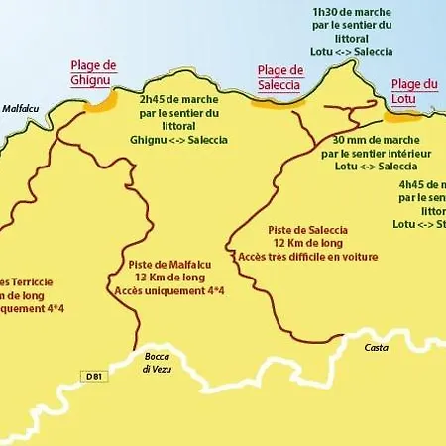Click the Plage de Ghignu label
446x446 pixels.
(94, 72)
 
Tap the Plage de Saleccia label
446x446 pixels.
(279, 76)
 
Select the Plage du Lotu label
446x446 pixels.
(414, 91)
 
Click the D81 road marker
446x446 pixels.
(91, 377)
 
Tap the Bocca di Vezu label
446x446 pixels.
(159, 362)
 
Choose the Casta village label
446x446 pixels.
(376, 348)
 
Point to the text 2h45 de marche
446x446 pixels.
(178, 100)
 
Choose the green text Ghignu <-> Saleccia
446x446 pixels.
(178, 140)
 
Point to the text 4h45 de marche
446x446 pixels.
(422, 184)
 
